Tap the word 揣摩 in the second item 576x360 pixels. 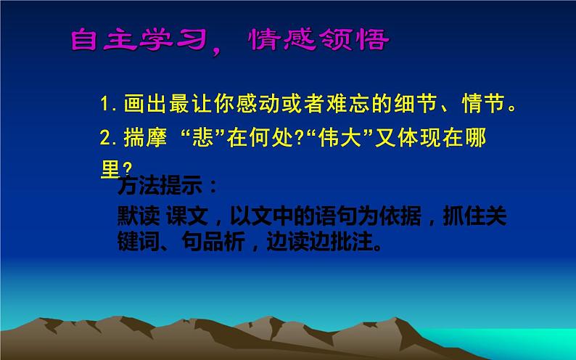pyautogui.click(x=142, y=139)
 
